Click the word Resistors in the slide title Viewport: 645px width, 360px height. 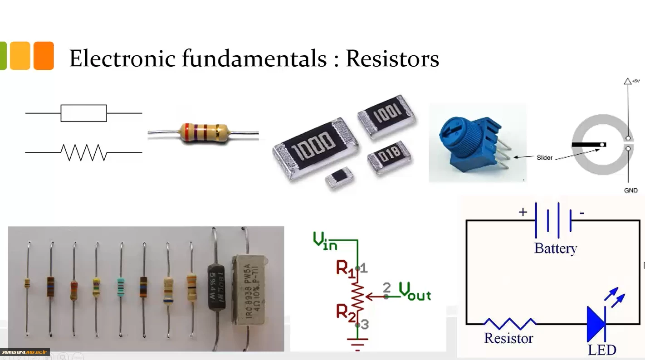pos(392,58)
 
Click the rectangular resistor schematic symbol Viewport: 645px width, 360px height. pos(84,113)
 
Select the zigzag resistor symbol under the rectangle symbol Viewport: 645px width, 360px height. pos(84,153)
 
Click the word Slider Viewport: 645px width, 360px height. pos(544,157)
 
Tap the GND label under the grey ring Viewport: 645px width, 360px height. pos(630,190)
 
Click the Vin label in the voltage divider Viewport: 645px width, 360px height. pos(325,241)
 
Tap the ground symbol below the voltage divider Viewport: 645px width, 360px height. pos(357,343)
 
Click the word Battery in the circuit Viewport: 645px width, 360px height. pos(555,248)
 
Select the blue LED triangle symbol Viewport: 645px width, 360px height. pos(596,324)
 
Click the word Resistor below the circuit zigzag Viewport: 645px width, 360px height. pos(508,338)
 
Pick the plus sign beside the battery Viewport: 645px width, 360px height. pos(523,212)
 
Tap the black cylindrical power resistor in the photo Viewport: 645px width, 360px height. pos(216,285)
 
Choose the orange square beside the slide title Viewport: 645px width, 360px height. pos(44,56)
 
